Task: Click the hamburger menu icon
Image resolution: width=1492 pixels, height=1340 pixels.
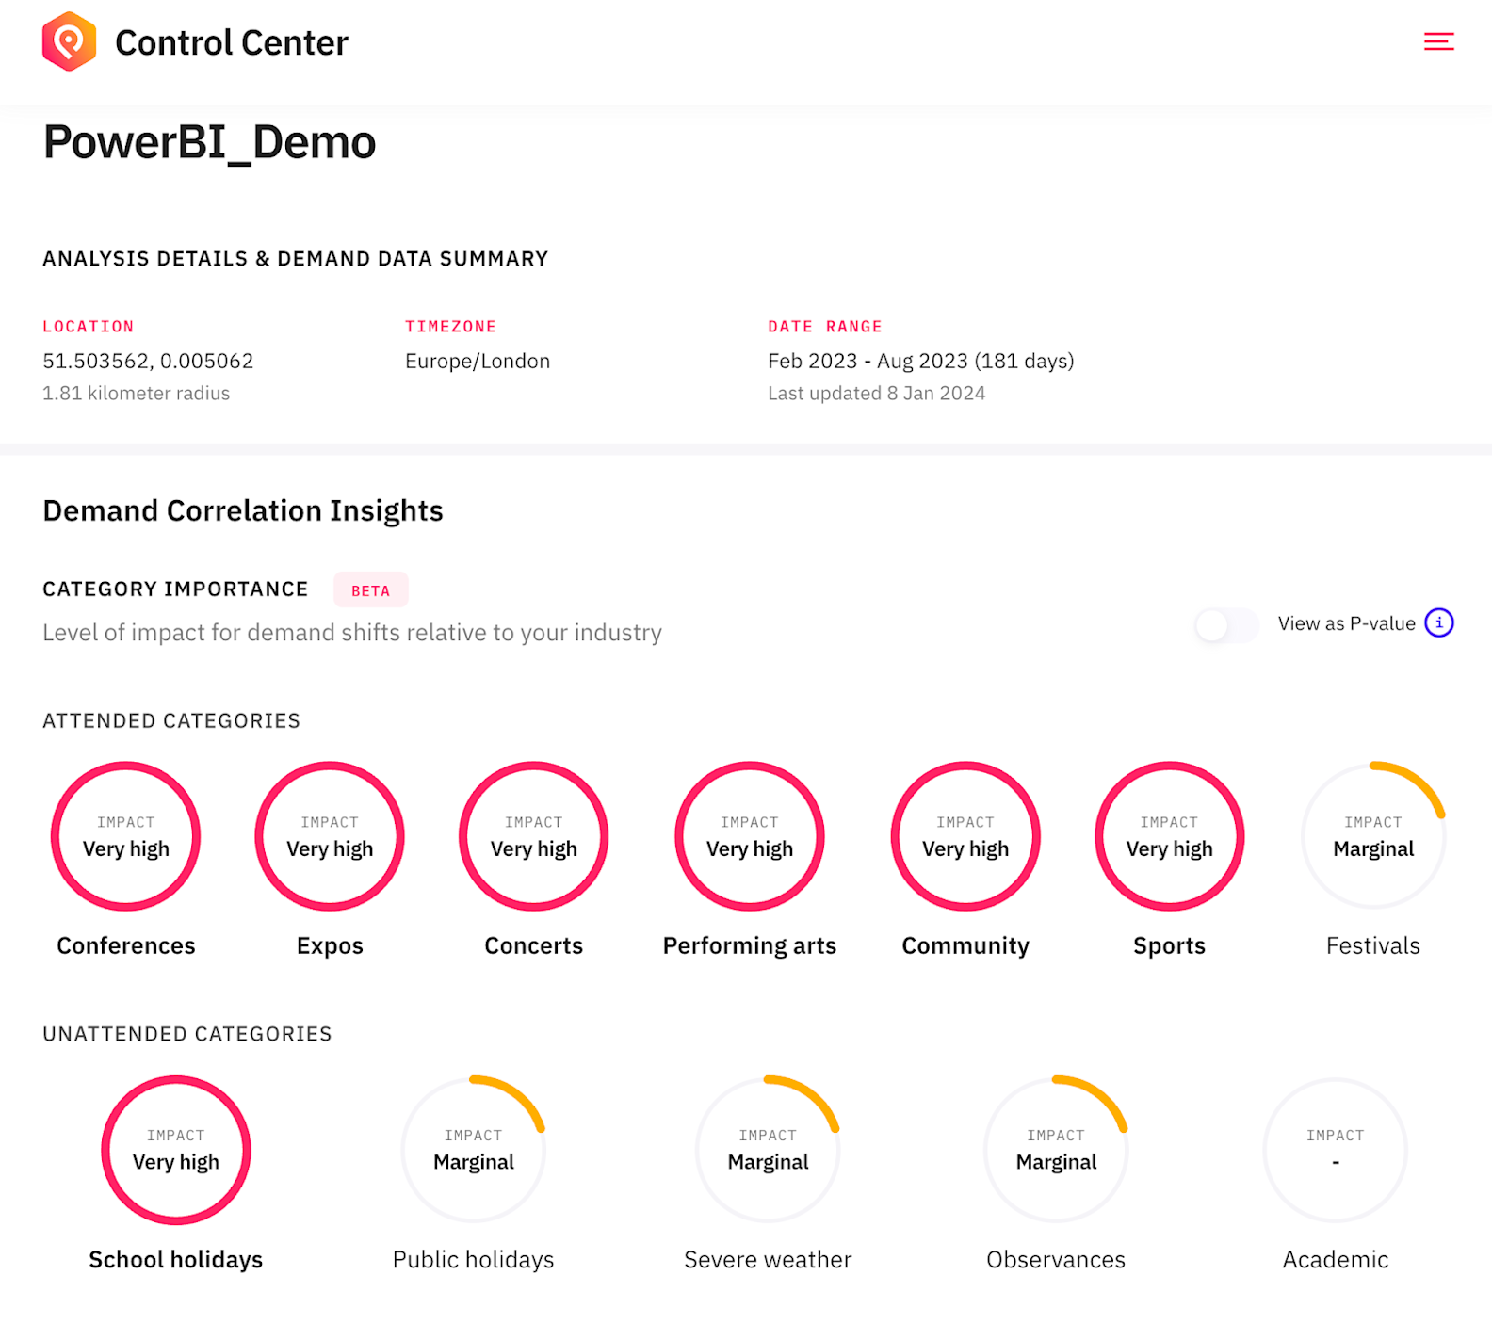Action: [1438, 41]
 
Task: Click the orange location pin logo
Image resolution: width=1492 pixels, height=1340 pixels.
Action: [69, 41]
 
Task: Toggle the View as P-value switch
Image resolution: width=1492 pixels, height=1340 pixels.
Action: [1225, 624]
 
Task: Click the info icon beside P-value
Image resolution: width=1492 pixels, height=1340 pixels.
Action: [1438, 622]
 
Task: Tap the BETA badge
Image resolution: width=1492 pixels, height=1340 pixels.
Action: [370, 590]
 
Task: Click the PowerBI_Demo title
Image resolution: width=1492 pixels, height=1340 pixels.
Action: [209, 143]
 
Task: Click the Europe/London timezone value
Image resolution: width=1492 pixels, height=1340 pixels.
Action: [477, 362]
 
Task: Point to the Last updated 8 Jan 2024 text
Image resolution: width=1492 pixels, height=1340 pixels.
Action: [876, 394]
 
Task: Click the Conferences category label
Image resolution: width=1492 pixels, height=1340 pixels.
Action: [126, 945]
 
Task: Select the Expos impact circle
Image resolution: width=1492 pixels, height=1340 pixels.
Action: [330, 836]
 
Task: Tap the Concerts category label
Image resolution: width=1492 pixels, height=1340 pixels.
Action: [533, 945]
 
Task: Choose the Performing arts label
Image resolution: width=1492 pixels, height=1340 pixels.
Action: [749, 945]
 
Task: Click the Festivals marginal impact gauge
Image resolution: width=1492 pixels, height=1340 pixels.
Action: [1372, 836]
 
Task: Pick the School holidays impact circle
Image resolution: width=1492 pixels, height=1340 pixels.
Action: [176, 1150]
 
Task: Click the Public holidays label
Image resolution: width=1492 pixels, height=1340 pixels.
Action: [473, 1260]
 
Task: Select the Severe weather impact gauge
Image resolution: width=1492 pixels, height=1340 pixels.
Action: [768, 1150]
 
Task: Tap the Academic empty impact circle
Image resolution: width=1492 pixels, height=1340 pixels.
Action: [1335, 1150]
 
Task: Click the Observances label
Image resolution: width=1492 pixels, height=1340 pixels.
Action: [1055, 1260]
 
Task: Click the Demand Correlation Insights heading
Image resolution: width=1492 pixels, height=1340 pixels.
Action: [243, 510]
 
